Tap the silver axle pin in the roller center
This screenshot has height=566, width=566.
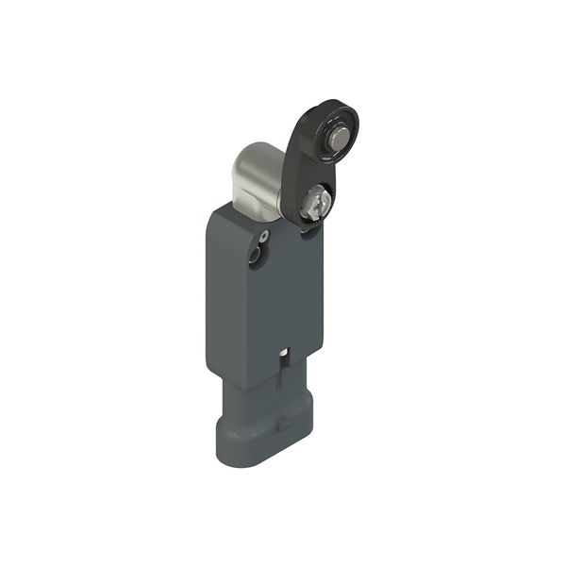[x=338, y=140]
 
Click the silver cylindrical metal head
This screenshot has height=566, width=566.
[x=256, y=179]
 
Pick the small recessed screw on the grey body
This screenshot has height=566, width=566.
[x=265, y=236]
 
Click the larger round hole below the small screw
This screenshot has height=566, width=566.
[x=254, y=256]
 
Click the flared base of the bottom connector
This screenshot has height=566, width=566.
[x=264, y=443]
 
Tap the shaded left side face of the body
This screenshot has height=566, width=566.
[x=214, y=292]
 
